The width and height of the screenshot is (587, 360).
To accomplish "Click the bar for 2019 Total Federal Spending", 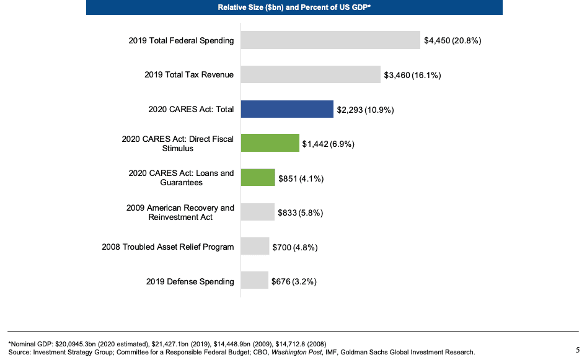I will [x=330, y=40].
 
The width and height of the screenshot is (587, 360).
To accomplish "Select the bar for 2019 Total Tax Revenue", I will [x=311, y=74].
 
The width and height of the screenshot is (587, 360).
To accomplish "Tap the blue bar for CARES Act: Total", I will [x=287, y=109].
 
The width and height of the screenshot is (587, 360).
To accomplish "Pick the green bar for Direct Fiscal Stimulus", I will [x=270, y=143].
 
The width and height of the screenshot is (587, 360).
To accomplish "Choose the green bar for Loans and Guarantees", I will [x=258, y=178].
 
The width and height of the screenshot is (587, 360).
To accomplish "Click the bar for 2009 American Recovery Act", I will [x=257, y=212].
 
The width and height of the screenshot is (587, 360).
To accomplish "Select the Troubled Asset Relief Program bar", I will [x=255, y=247].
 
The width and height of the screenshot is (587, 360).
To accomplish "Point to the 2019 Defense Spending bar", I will [x=254, y=281].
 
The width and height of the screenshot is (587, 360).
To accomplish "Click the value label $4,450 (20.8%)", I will [x=452, y=41].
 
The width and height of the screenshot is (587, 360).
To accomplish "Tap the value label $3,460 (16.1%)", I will [x=412, y=76].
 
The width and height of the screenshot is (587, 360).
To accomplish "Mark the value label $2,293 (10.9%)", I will [x=365, y=110].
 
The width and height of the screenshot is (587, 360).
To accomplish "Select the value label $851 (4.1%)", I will [x=301, y=178].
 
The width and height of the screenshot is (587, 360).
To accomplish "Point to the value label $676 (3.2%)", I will [x=294, y=281].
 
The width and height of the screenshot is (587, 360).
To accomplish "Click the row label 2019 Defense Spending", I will [x=190, y=281].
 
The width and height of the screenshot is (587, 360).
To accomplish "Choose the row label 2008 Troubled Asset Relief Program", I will [x=167, y=247].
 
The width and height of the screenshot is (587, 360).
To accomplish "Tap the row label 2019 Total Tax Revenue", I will [x=188, y=75].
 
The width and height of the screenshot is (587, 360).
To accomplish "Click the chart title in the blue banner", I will [x=294, y=7].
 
